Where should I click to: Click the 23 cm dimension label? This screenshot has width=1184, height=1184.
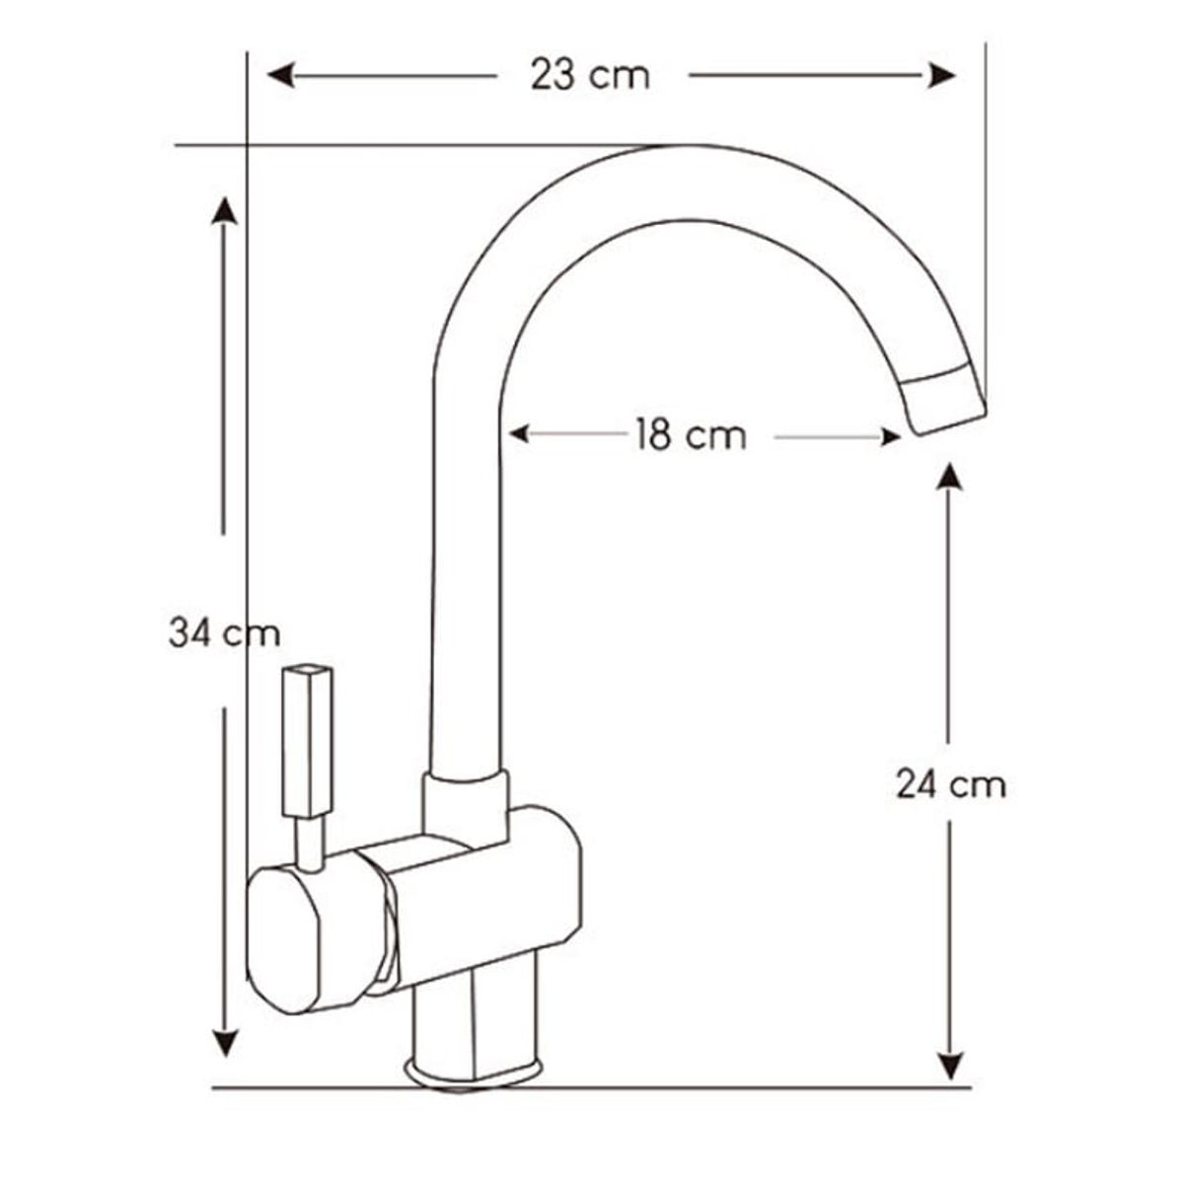point(590,75)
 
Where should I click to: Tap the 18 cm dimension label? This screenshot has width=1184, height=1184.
point(690,435)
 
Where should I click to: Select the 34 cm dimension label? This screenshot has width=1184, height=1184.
point(224,631)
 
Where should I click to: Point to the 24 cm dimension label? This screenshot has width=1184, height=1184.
point(950,785)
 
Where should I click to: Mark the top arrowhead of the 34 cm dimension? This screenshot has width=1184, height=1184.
point(225,210)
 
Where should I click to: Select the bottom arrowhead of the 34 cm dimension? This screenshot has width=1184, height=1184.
point(226,1044)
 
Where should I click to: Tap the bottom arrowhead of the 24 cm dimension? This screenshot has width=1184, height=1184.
point(949,1066)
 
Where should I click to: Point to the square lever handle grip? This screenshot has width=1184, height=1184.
point(308,740)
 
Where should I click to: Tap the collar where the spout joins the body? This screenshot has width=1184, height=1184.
point(466,804)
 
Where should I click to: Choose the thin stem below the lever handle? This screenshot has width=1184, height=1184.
point(310,844)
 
